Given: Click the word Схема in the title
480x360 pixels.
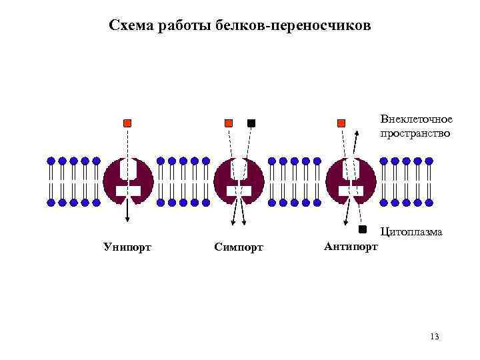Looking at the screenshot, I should [130, 26].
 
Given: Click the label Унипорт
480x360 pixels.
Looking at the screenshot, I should [127, 247].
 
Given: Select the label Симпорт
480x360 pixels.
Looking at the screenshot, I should [239, 247].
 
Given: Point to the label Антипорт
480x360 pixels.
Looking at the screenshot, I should [351, 247].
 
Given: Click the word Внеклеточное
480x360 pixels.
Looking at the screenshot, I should [416, 119].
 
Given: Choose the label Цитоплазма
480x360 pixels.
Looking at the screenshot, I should [411, 233].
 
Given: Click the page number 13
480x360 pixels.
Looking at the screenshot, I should [435, 337].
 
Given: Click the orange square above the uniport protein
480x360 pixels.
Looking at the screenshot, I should [127, 123].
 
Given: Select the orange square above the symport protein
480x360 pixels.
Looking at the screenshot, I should [228, 123].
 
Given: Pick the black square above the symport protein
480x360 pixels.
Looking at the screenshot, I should [251, 123].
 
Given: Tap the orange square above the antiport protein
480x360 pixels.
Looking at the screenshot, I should [341, 123].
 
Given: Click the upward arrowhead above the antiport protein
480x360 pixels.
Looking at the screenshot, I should [357, 133].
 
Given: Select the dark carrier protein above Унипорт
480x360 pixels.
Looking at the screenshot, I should [128, 180].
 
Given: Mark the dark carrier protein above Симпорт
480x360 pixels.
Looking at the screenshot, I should [239, 180].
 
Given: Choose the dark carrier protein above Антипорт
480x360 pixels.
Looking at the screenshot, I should [351, 180].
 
